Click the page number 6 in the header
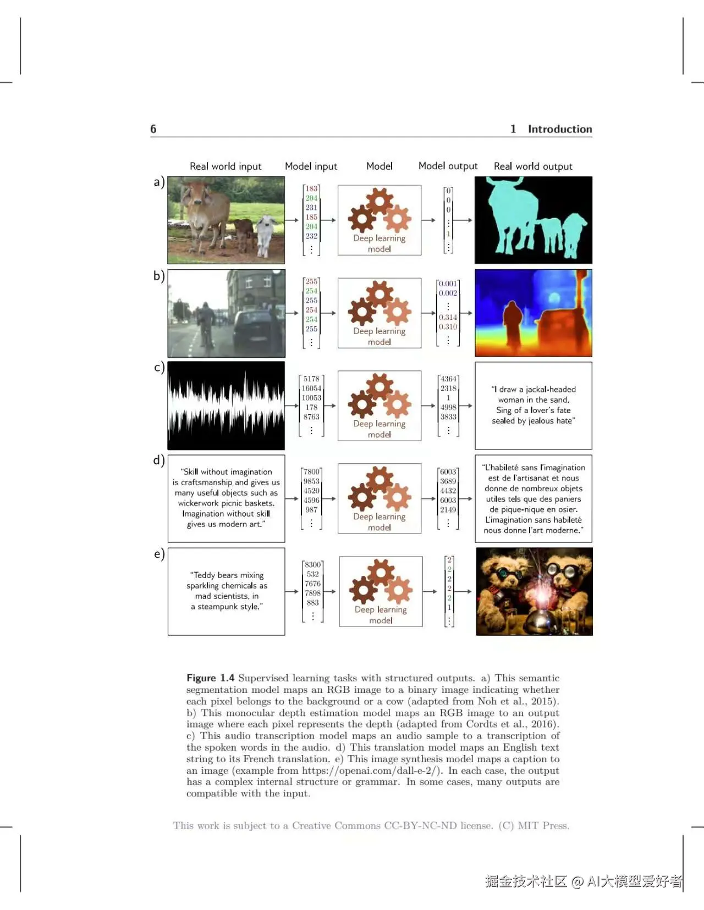pos(153,129)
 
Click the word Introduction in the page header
pos(559,129)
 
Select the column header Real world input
pos(226,166)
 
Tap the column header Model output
pos(448,166)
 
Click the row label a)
pos(158,182)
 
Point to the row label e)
pos(158,554)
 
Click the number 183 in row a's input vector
pos(311,188)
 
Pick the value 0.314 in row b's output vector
pos(448,317)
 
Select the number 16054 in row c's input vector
pos(311,388)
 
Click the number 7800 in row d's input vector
pos(311,471)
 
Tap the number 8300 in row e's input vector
pos(312,564)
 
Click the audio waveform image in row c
pos(226,406)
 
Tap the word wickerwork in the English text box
pos(198,503)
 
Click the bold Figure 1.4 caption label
pos(210,678)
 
